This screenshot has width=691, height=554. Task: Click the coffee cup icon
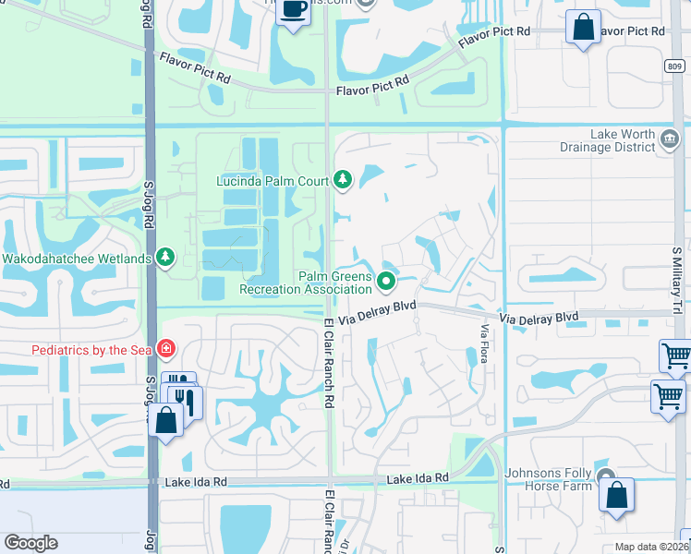coord(294,10)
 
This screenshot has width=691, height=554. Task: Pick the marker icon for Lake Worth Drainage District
coord(671,140)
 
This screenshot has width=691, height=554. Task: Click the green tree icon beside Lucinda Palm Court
coord(343,178)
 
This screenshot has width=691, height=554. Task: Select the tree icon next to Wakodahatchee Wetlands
coord(166,257)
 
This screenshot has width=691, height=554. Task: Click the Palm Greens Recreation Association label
coord(305,283)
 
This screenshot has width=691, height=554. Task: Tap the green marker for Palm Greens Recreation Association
coord(387,280)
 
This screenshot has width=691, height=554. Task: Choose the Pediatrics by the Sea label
coord(91,350)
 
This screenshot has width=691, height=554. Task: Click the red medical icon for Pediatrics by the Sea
coord(166,349)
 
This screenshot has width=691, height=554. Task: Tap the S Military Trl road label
coord(677,276)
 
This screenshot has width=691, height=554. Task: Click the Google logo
coord(30,543)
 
